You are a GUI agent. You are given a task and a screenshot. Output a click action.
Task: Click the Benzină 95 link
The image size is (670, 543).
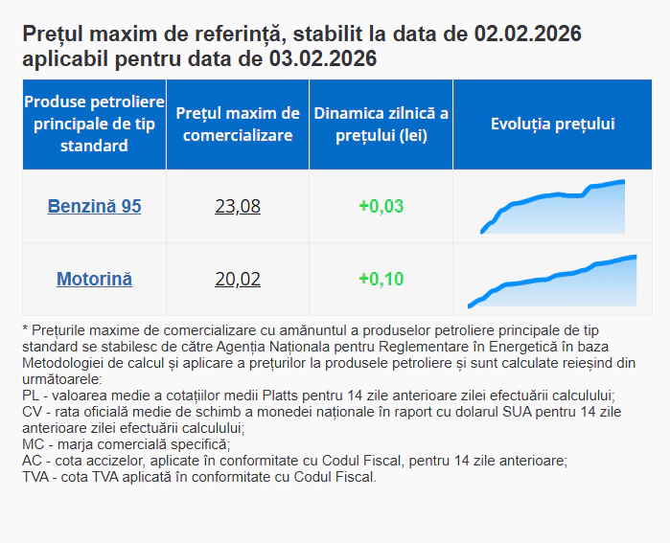click(x=94, y=206)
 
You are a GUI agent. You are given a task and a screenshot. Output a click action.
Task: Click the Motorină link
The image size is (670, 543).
click(x=94, y=279)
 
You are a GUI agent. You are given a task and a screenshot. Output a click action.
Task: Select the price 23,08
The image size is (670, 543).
click(x=238, y=206)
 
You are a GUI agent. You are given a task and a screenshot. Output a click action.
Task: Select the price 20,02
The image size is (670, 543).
click(x=238, y=279)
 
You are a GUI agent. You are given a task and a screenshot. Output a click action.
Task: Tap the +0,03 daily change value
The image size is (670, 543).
click(x=381, y=206)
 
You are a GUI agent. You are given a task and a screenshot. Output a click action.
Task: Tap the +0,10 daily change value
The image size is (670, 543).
click(x=381, y=279)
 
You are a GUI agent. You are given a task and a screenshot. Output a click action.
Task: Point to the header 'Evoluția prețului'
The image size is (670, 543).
click(x=553, y=124)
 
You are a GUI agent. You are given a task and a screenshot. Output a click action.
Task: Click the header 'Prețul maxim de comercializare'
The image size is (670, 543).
click(x=238, y=124)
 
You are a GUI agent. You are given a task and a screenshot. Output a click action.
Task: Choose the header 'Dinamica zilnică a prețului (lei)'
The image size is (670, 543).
click(x=381, y=124)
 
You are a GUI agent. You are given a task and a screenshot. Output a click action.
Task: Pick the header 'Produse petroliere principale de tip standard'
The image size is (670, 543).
click(x=94, y=124)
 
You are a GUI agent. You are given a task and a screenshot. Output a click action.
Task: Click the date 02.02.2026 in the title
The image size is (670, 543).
click(x=527, y=35)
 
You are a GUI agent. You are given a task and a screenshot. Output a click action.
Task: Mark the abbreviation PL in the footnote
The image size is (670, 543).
click(x=30, y=396)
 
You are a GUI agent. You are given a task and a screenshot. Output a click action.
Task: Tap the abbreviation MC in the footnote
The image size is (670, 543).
click(x=32, y=444)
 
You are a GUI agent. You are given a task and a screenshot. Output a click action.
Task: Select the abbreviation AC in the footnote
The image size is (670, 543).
click(x=31, y=461)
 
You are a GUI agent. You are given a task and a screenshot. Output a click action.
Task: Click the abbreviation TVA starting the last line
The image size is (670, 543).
click(x=35, y=477)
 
